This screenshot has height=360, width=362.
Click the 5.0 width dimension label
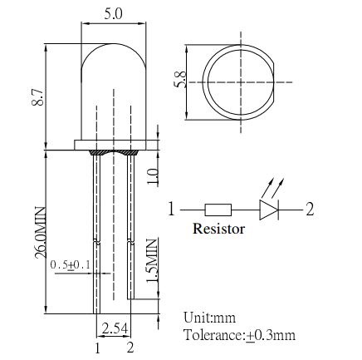pyautogui.click(x=113, y=14)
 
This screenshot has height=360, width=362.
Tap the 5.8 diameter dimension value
pyautogui.click(x=180, y=79)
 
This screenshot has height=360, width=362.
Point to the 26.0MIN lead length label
pyautogui.click(x=40, y=233)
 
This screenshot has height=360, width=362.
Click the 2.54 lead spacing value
pyautogui.click(x=115, y=328)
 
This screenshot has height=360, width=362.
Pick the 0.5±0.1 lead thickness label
pyautogui.click(x=71, y=265)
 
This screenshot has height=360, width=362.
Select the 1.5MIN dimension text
pyautogui.click(x=152, y=260)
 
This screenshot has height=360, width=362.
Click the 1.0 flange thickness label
pyautogui.click(x=153, y=176)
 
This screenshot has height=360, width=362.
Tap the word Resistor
pyautogui.click(x=218, y=229)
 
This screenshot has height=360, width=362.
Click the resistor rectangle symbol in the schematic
pyautogui.click(x=218, y=210)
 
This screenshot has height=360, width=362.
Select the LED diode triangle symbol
pyautogui.click(x=269, y=210)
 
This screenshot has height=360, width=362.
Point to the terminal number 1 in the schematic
pyautogui.click(x=172, y=209)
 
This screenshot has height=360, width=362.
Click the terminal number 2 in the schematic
pyautogui.click(x=310, y=209)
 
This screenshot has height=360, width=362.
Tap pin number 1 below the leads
pyautogui.click(x=97, y=348)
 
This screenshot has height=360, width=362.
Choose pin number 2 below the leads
pyautogui.click(x=130, y=348)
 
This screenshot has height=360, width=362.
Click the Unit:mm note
pyautogui.click(x=209, y=318)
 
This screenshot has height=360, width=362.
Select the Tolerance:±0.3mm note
pyautogui.click(x=240, y=335)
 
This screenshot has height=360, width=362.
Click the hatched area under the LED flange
pyautogui.click(x=113, y=152)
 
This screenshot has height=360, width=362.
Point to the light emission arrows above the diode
pyautogui.click(x=273, y=188)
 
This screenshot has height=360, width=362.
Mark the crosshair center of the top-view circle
pyautogui.click(x=241, y=82)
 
